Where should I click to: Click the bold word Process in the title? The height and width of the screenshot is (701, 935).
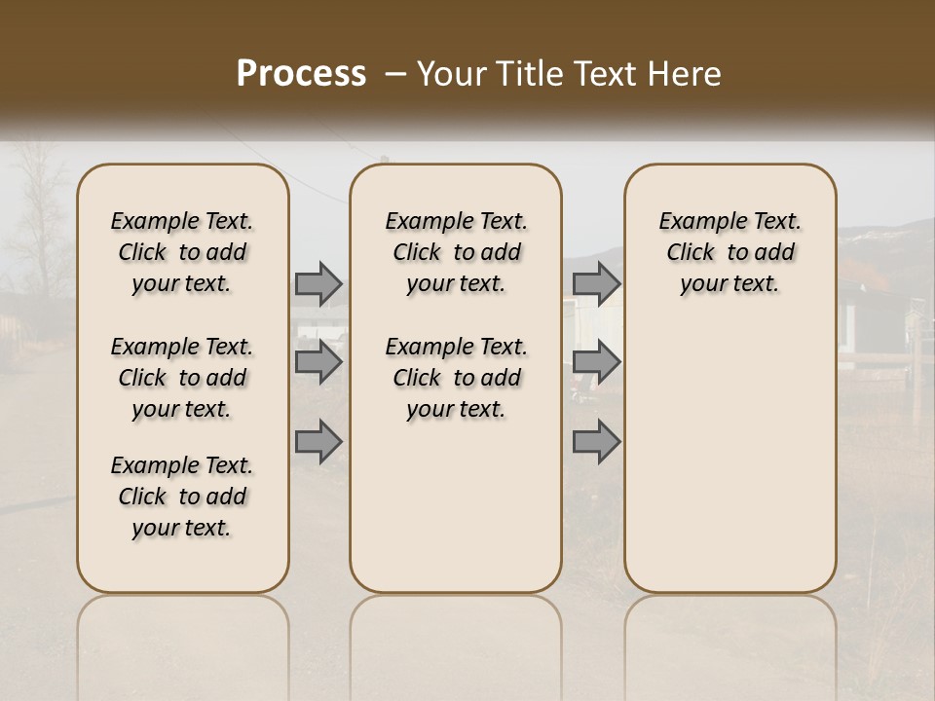301,74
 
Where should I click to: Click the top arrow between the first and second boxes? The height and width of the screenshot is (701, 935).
318,283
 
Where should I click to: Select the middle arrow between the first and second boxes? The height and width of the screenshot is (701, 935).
318,363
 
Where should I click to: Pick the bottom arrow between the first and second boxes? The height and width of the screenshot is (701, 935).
318,442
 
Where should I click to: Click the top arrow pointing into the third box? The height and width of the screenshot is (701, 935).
596,283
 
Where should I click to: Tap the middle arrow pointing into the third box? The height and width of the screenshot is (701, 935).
596,363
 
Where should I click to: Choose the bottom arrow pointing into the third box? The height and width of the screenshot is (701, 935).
596,442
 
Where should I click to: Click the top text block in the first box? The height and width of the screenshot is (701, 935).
182,252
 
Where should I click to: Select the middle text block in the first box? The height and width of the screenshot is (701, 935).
182,378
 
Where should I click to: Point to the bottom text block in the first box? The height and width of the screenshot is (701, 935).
182,497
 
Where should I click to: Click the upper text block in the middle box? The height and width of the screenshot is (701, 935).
456,252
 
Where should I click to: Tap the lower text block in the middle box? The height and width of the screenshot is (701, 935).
456,378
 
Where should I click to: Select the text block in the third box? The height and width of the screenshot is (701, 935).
729,252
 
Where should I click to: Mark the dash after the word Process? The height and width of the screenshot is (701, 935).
394,74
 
